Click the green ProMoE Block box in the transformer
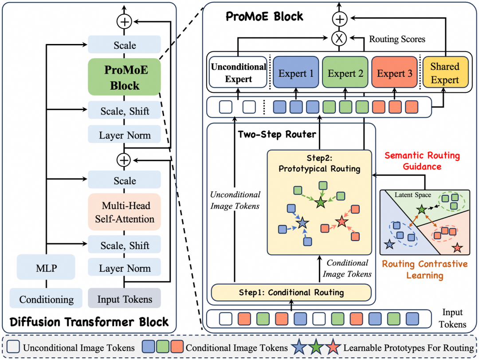click(x=124, y=77)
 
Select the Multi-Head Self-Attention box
click(x=124, y=212)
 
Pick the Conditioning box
click(x=46, y=299)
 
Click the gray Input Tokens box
click(x=124, y=299)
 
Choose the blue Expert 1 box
click(x=295, y=74)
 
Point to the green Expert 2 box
click(x=345, y=74)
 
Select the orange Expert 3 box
click(x=394, y=74)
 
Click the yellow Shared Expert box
click(x=444, y=73)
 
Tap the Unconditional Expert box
click(x=238, y=73)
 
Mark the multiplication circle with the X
click(x=339, y=39)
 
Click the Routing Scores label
click(x=397, y=39)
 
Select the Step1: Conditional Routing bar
click(x=291, y=292)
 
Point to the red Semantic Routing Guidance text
click(x=422, y=161)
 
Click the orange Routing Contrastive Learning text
click(x=425, y=270)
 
